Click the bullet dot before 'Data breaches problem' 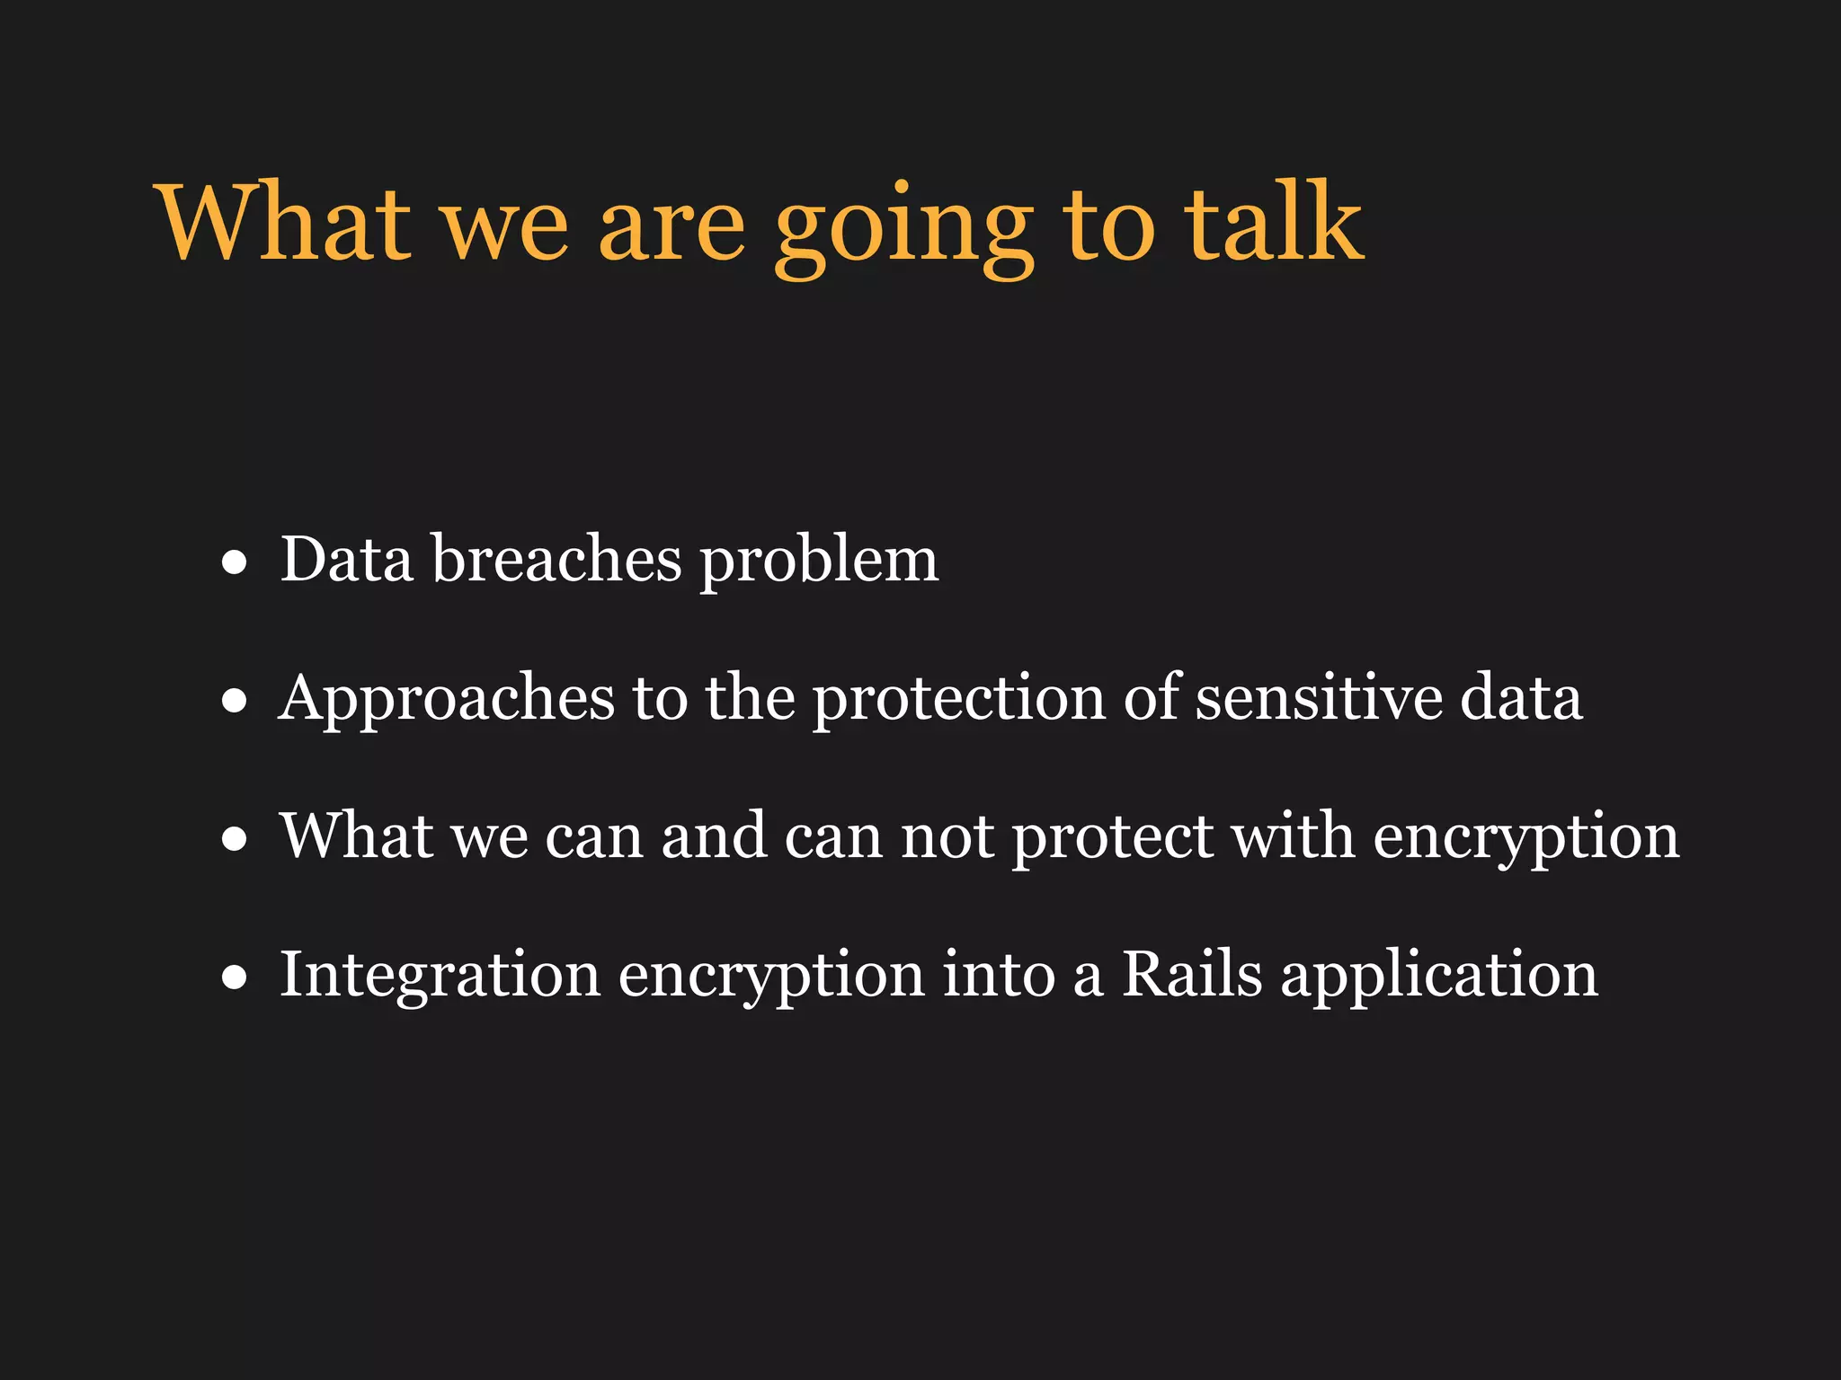[x=235, y=563]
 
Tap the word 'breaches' [x=556, y=560]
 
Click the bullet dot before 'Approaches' [x=235, y=701]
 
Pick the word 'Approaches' [x=447, y=699]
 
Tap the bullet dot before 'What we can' [x=235, y=839]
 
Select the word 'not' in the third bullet [x=947, y=837]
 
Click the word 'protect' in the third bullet [x=1113, y=839]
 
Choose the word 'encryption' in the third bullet [x=1525, y=839]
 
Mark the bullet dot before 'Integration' [x=235, y=977]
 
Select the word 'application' [x=1439, y=977]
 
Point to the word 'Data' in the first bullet [x=346, y=560]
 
